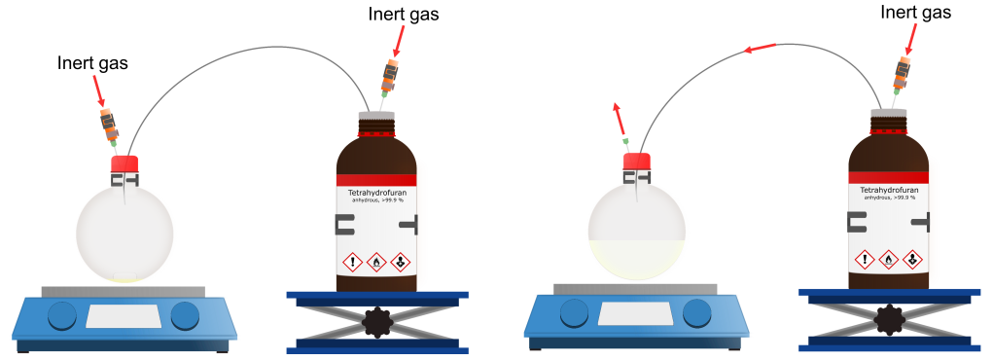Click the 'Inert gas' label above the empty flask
(x=92, y=63)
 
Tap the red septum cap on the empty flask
(x=124, y=162)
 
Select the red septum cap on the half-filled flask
(x=636, y=161)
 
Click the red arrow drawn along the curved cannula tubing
(x=760, y=47)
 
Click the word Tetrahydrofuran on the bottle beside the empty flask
(x=375, y=193)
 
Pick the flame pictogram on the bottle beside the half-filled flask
(x=888, y=259)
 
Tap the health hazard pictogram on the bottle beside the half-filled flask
(x=912, y=259)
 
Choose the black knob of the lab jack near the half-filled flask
(x=888, y=317)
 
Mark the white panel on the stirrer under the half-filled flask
(x=633, y=312)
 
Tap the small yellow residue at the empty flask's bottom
(x=124, y=278)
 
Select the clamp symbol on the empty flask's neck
(x=124, y=181)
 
